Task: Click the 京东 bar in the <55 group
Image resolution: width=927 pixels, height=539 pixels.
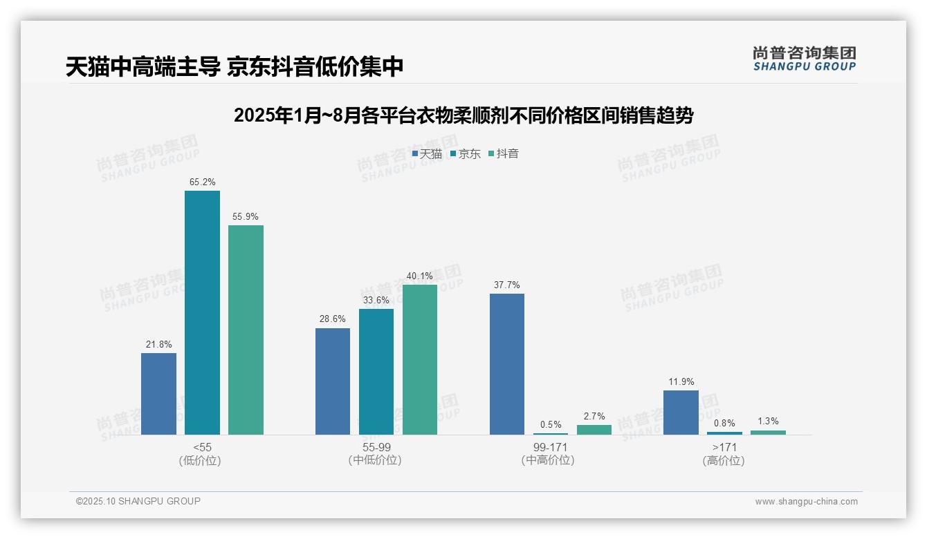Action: coord(202,312)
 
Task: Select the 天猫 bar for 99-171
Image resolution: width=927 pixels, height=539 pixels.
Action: coord(507,364)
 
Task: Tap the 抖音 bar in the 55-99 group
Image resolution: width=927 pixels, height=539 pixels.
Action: coord(420,359)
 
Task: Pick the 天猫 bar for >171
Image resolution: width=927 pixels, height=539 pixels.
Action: coord(681,413)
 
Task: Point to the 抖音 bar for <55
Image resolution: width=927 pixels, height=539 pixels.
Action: coord(246,330)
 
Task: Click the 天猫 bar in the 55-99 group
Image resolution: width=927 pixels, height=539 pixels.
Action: coord(333,381)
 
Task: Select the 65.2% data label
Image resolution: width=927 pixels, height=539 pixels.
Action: coord(202,182)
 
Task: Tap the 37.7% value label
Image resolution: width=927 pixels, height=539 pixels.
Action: coord(507,285)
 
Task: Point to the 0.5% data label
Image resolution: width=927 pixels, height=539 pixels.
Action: coord(551,425)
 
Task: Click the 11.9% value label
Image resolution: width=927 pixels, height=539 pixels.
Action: coord(681,382)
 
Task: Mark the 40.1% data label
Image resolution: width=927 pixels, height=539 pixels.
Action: coord(420,276)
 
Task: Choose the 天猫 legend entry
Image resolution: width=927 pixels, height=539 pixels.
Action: coord(427,154)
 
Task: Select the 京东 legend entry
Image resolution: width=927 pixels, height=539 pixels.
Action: coord(465,154)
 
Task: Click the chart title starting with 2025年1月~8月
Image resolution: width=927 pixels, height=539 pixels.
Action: coord(463,115)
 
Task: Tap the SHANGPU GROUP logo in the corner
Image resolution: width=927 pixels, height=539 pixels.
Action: coord(804,59)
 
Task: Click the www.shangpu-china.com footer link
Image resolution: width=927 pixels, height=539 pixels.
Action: coord(806,502)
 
